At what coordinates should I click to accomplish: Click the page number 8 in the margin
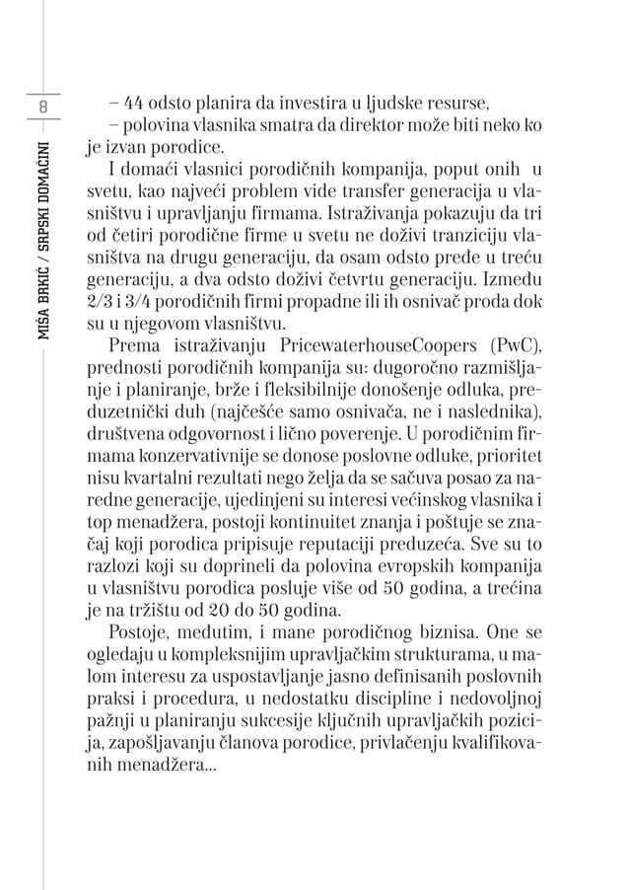(x=43, y=106)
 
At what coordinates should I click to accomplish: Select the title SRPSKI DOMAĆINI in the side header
(x=44, y=196)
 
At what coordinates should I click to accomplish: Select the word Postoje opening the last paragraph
(x=140, y=630)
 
